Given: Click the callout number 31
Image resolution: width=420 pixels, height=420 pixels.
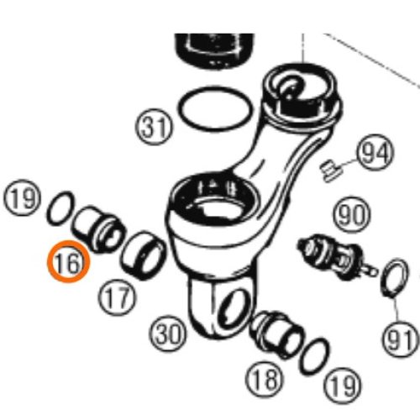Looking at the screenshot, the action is pyautogui.click(x=155, y=127).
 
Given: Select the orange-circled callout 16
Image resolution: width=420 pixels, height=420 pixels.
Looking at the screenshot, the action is pyautogui.click(x=68, y=262).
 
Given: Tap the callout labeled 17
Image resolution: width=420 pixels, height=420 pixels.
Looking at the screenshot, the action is pyautogui.click(x=117, y=297).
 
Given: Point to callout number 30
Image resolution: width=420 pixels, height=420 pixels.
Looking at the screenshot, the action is pyautogui.click(x=168, y=334).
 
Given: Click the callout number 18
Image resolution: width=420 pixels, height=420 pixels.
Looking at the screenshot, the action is pyautogui.click(x=265, y=380).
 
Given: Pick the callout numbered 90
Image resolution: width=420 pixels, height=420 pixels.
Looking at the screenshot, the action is pyautogui.click(x=352, y=214).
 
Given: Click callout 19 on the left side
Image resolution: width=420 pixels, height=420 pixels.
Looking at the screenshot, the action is pyautogui.click(x=22, y=197).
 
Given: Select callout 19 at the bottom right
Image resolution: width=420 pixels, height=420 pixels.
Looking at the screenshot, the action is pyautogui.click(x=342, y=386).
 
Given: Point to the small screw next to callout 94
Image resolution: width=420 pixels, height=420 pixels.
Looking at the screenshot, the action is pyautogui.click(x=330, y=170).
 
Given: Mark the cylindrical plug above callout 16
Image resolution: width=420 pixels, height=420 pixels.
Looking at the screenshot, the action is pyautogui.click(x=98, y=229).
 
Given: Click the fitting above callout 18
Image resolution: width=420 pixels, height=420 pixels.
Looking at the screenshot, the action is pyautogui.click(x=277, y=334).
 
